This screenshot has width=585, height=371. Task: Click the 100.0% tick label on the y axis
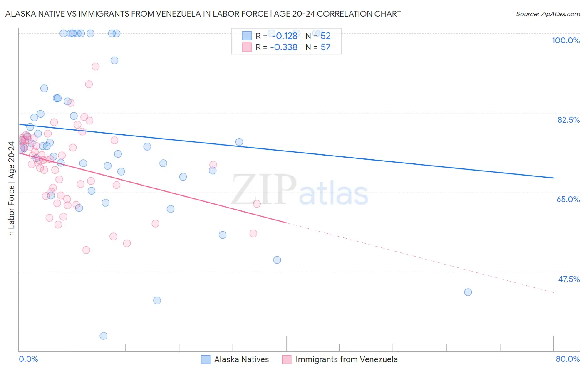[x=565, y=40]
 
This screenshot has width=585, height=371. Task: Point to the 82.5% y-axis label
[x=568, y=120]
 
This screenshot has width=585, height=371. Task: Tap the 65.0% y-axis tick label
[x=568, y=199]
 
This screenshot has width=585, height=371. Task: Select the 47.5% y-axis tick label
[x=569, y=279]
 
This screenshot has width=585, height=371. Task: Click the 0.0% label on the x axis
[x=28, y=359]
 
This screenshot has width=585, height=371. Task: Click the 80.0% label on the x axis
[x=568, y=359]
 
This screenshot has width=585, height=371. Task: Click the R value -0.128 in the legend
[x=284, y=36]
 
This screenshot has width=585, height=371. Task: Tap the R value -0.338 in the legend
[x=284, y=47]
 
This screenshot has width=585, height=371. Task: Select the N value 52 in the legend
[x=325, y=36]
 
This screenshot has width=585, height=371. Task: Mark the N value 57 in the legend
[x=325, y=47]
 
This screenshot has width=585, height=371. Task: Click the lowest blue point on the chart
[x=104, y=336]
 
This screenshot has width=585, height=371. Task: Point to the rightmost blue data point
[x=468, y=292]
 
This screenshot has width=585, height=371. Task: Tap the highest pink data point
[x=96, y=67]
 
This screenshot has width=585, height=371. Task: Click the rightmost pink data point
[x=257, y=204]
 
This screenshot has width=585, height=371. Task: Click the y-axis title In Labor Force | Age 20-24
[x=11, y=190]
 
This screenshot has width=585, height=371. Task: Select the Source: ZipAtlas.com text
[x=548, y=14]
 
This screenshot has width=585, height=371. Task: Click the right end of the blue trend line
[x=553, y=178]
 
